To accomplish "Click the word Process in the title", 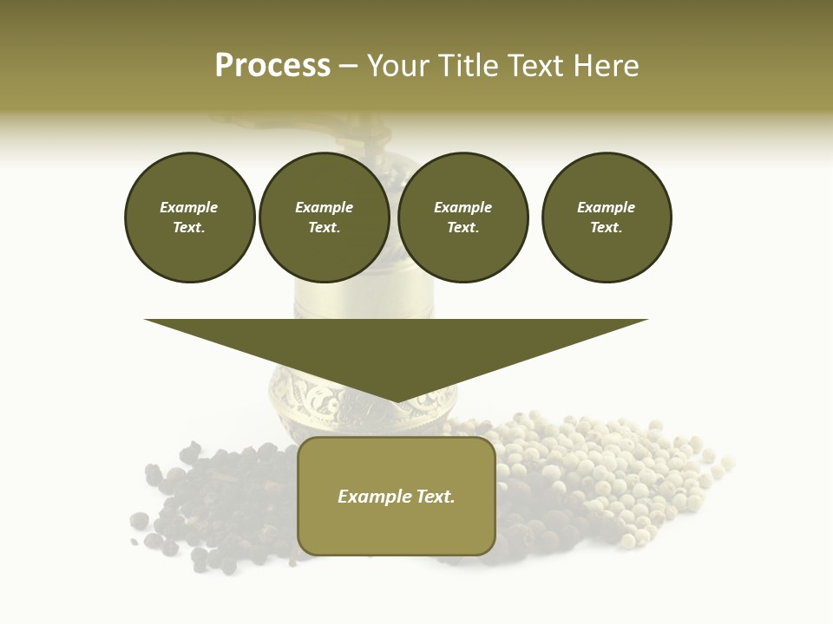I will (x=272, y=66).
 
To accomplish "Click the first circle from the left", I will (x=189, y=218).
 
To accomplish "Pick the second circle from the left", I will (x=324, y=218).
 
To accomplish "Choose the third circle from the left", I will (x=462, y=218).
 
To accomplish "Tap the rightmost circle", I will (x=606, y=218).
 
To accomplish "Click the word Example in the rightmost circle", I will (x=606, y=207).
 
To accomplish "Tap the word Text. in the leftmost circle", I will (x=189, y=228).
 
